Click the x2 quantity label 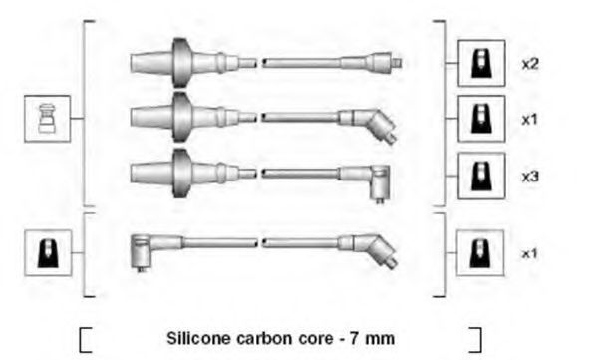(x=530, y=64)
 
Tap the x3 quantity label (x=530, y=177)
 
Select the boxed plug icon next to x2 (x=481, y=63)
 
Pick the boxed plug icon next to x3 (x=481, y=176)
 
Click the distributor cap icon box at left (x=47, y=119)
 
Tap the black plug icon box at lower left (x=48, y=252)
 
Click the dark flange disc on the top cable (x=181, y=62)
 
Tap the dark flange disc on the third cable (x=181, y=174)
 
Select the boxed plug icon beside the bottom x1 (x=480, y=252)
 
